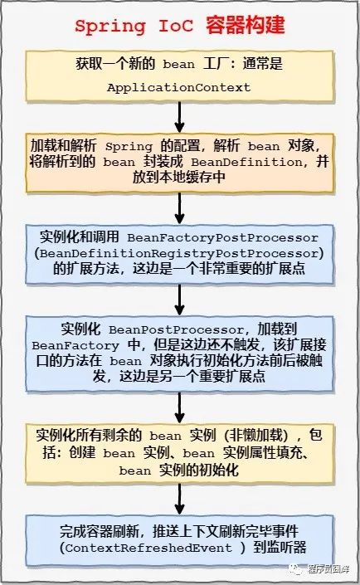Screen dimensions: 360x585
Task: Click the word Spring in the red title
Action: (x=110, y=27)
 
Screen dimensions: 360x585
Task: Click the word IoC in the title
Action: (x=176, y=26)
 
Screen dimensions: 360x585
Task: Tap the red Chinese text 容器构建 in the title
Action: (x=246, y=25)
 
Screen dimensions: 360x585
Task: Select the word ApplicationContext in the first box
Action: (x=178, y=88)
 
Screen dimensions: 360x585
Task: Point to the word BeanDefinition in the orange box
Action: (x=246, y=163)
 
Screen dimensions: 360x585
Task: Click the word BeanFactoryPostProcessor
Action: (x=222, y=237)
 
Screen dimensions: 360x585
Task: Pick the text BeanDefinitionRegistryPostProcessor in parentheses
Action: (x=179, y=254)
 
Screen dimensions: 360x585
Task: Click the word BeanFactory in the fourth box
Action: (x=75, y=346)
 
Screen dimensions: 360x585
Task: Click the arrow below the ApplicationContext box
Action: (x=180, y=117)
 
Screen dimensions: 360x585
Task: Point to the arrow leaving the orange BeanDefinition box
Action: (x=180, y=208)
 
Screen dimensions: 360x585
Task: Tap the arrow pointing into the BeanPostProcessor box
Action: (x=180, y=300)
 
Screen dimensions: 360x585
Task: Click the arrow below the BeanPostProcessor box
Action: (x=180, y=407)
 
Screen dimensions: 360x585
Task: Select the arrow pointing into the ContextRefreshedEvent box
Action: (x=180, y=500)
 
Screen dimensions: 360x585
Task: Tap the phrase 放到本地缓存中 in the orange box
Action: (x=179, y=178)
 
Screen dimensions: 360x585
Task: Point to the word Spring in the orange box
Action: (x=129, y=147)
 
